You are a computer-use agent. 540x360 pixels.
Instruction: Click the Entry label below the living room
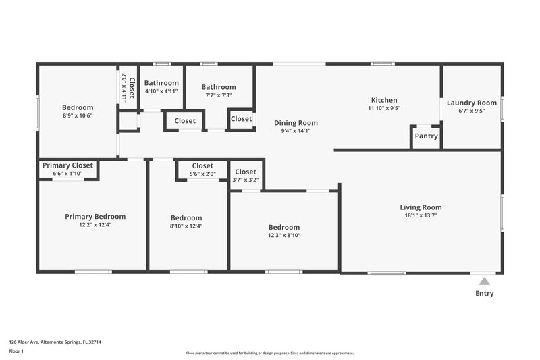[x=484, y=294]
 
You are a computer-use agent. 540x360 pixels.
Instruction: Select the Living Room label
[x=421, y=207]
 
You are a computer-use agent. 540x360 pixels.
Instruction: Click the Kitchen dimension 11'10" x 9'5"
[x=384, y=108]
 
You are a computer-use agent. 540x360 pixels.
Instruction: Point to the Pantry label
[x=426, y=136]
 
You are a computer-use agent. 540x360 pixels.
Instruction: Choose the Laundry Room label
[x=471, y=103]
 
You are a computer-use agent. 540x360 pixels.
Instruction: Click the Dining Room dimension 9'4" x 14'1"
[x=296, y=131]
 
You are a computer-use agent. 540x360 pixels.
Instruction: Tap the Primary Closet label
[x=67, y=165]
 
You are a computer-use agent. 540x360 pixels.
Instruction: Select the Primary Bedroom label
[x=95, y=217]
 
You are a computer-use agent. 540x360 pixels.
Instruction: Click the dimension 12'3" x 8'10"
[x=284, y=236]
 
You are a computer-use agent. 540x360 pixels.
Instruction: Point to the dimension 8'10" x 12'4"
[x=186, y=226]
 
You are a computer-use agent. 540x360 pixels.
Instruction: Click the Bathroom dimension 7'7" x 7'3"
[x=219, y=95]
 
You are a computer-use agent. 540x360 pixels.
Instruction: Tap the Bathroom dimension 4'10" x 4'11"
[x=161, y=91]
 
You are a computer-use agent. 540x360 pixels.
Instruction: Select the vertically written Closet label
[x=132, y=88]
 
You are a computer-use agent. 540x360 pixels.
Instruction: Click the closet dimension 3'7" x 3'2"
[x=246, y=180]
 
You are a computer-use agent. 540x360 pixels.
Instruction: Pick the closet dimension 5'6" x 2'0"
[x=202, y=174]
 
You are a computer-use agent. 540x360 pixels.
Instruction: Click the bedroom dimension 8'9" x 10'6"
[x=78, y=115]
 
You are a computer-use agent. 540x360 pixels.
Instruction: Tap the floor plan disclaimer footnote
[x=270, y=353]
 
